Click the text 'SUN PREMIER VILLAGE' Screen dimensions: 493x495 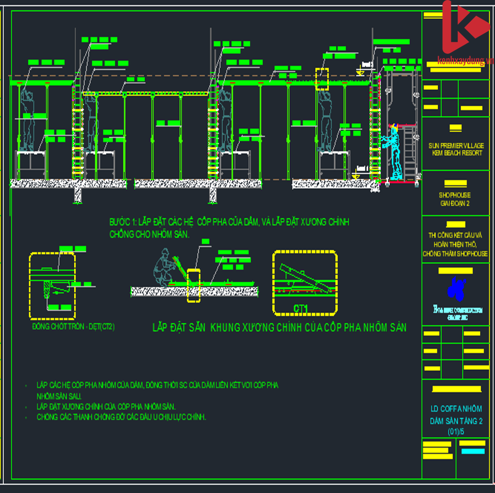pyautogui.click(x=455, y=145)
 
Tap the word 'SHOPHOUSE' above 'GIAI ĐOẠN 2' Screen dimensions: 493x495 pyautogui.click(x=454, y=195)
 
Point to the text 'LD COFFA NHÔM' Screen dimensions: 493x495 pyautogui.click(x=456, y=409)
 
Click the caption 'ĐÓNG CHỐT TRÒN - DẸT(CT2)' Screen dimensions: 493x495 pyautogui.click(x=73, y=327)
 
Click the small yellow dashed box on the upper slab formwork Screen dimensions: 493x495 pyautogui.click(x=322, y=79)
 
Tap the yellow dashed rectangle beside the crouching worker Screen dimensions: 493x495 pyautogui.click(x=194, y=286)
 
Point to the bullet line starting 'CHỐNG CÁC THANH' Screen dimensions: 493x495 pyautogui.click(x=122, y=417)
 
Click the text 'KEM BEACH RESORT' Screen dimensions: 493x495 pyautogui.click(x=455, y=153)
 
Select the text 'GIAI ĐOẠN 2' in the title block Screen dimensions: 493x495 pyautogui.click(x=454, y=203)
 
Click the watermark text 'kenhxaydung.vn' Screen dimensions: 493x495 pyautogui.click(x=462, y=61)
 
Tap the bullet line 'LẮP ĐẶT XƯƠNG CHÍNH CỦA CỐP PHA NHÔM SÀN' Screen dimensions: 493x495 pyautogui.click(x=106, y=407)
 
